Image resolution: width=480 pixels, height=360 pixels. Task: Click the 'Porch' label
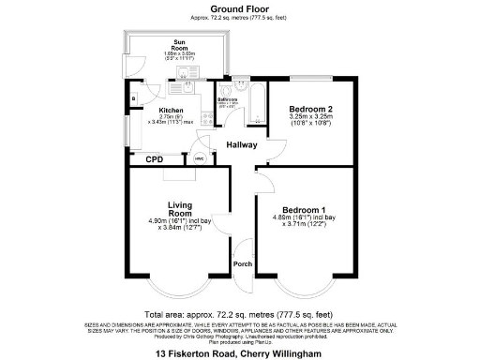click(242, 264)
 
